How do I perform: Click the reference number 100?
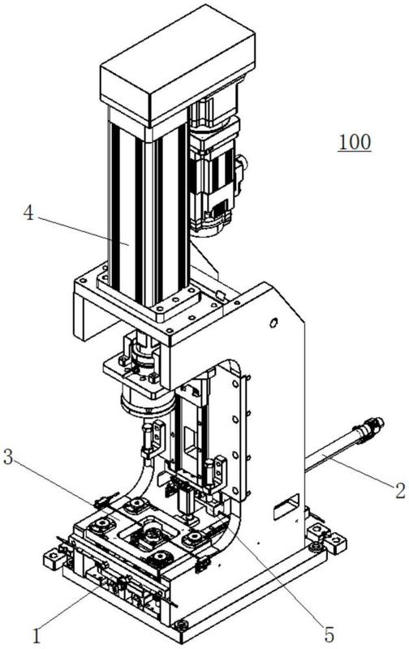pos(355,143)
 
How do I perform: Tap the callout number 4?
pos(28,213)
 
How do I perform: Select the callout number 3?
pos(8,457)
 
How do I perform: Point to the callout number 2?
pos(399,491)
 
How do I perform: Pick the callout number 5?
pos(329,634)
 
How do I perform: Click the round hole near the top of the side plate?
pos(273,322)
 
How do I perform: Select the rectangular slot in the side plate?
pos(286,505)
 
